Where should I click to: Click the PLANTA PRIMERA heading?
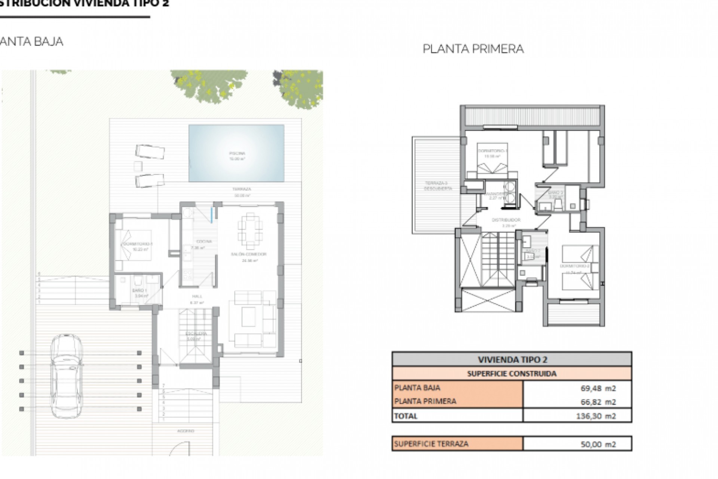pyautogui.click(x=473, y=49)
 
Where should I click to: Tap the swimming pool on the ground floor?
pyautogui.click(x=236, y=153)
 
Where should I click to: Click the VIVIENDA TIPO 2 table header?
pyautogui.click(x=512, y=360)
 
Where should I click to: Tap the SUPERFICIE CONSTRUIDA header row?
pyautogui.click(x=512, y=373)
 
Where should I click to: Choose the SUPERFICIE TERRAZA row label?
pyautogui.click(x=431, y=444)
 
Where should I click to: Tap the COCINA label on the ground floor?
pyautogui.click(x=204, y=242)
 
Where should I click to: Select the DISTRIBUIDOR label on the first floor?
pyautogui.click(x=506, y=220)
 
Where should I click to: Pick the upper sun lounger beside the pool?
pyautogui.click(x=150, y=152)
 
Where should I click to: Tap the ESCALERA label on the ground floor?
pyautogui.click(x=196, y=334)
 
